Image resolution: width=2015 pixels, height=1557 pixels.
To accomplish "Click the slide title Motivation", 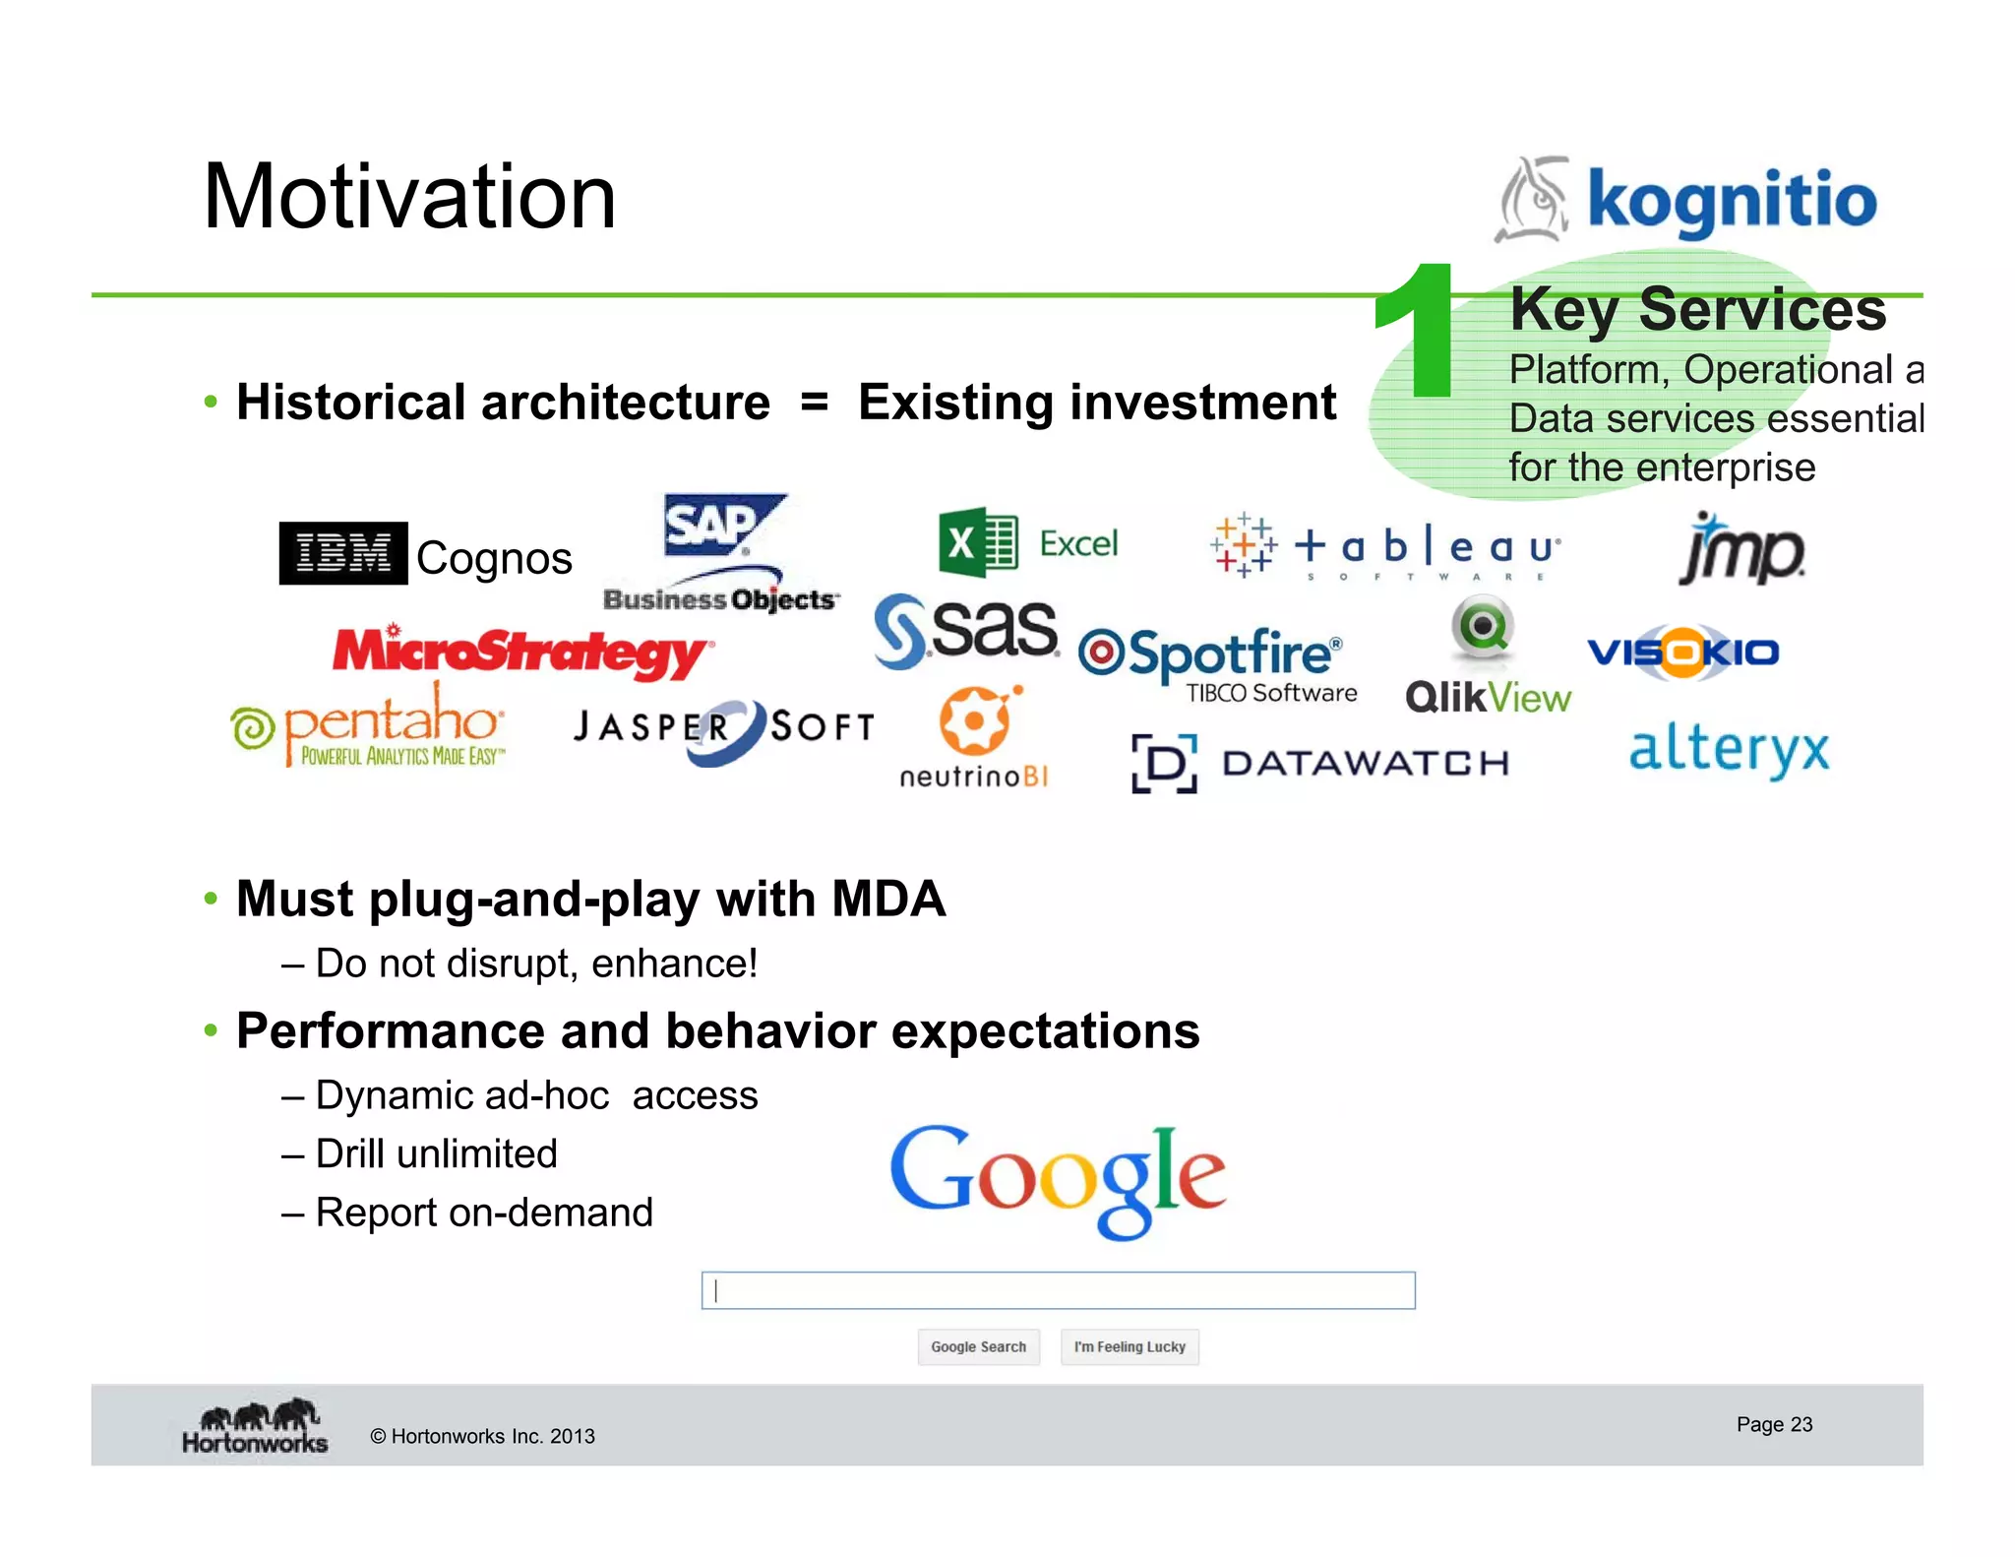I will click(x=409, y=197).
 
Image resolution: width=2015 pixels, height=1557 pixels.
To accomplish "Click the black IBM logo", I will click(x=342, y=553).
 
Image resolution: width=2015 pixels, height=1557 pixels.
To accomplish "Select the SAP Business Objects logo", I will click(x=721, y=554).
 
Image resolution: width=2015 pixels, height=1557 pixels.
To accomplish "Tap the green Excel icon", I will click(x=976, y=542).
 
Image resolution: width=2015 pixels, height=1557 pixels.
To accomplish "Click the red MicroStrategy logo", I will click(x=521, y=653).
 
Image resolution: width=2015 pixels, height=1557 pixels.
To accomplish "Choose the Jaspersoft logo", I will click(x=724, y=730).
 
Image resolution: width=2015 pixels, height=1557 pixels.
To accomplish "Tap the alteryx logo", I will click(x=1729, y=751).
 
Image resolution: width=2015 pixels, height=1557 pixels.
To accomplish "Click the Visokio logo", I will click(x=1683, y=653).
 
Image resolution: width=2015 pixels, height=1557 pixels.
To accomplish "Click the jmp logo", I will click(x=1740, y=549).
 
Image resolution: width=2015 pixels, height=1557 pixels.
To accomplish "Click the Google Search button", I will click(x=978, y=1346).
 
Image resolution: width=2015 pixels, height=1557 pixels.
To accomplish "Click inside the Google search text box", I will click(x=1058, y=1290).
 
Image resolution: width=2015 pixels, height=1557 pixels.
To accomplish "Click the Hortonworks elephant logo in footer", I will click(x=256, y=1426).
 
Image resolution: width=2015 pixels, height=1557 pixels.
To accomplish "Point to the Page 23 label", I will click(x=1773, y=1424).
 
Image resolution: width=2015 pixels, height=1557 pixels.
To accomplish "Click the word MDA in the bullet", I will click(x=888, y=899).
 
